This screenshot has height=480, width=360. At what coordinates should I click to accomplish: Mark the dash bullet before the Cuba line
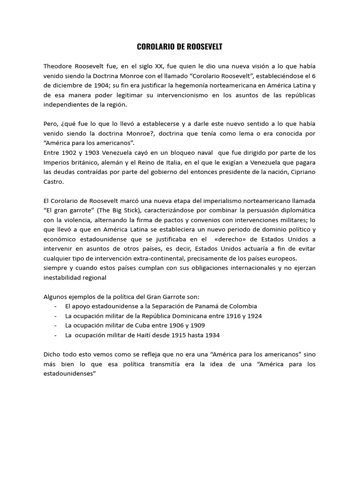tap(56, 325)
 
